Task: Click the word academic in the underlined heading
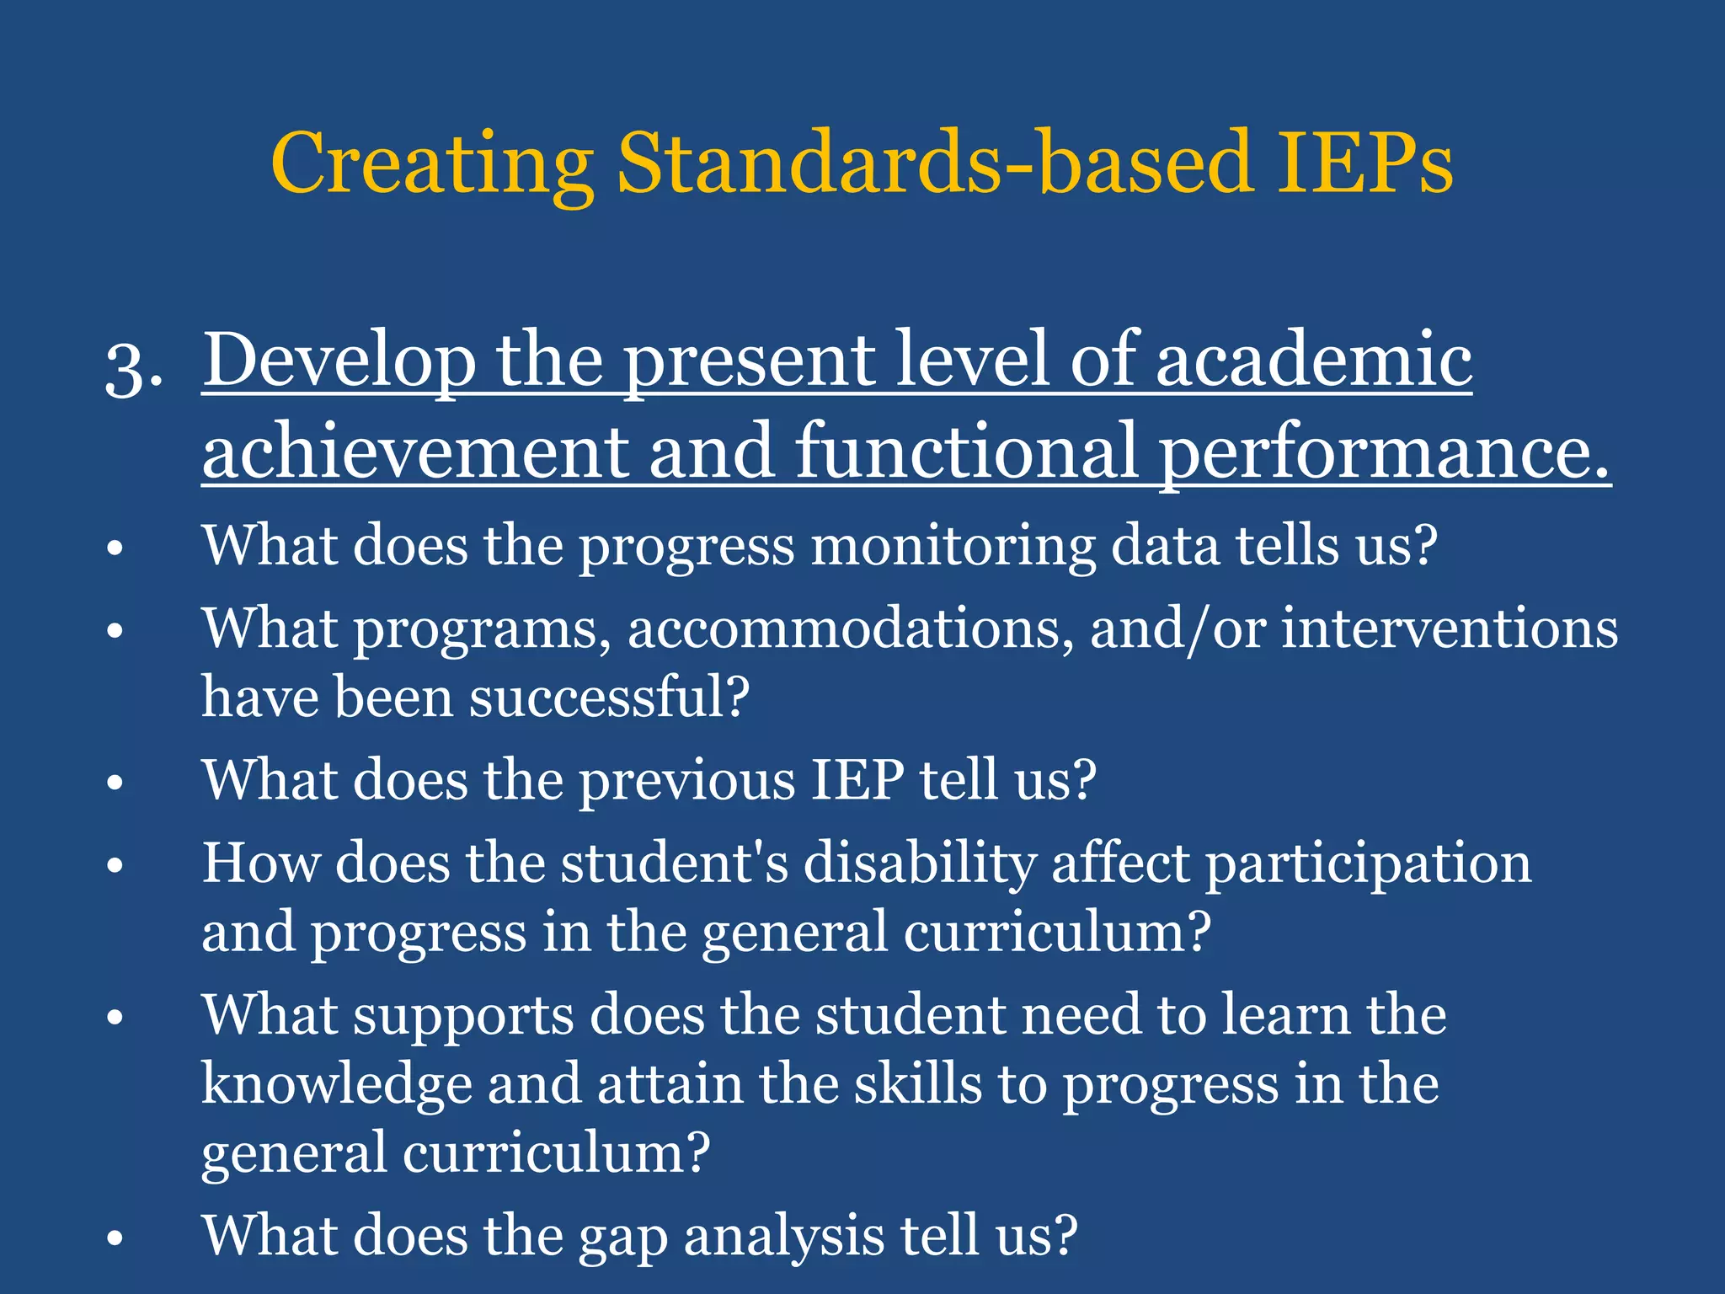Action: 1314,361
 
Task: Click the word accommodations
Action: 850,630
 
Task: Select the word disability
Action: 919,865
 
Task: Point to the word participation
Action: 1368,867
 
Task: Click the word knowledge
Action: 336,1086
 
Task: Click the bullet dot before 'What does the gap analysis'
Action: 115,1238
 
